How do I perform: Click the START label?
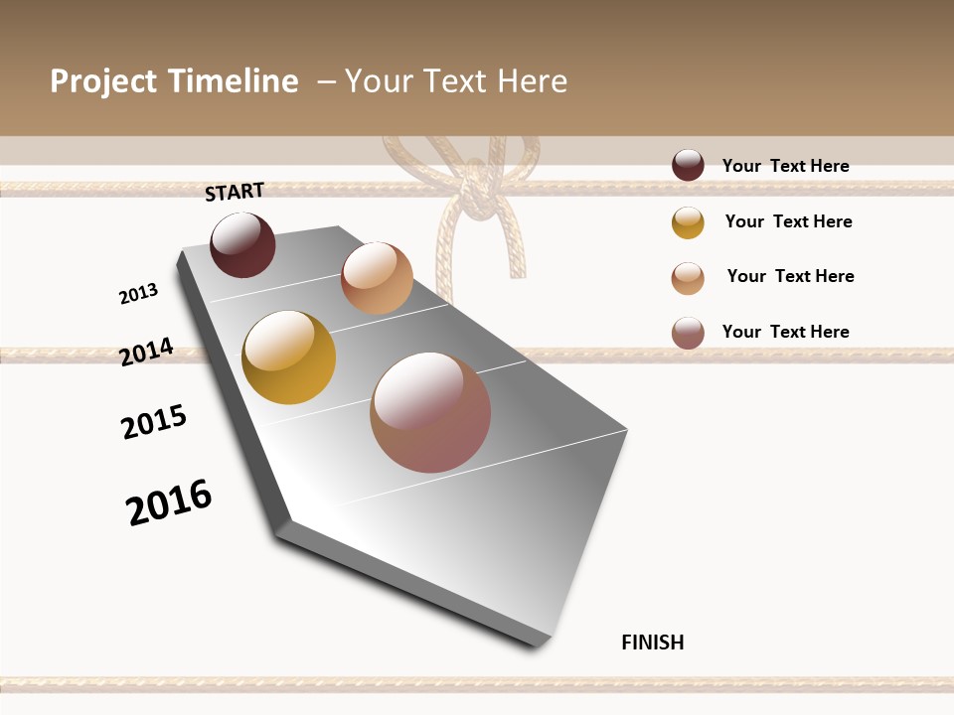click(235, 192)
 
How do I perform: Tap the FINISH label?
click(653, 643)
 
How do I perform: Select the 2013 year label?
click(138, 294)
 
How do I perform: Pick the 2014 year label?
click(146, 352)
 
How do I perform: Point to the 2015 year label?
click(154, 422)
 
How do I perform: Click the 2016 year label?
click(169, 502)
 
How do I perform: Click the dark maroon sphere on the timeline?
click(242, 245)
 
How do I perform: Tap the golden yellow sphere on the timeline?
click(288, 357)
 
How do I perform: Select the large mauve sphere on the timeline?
click(430, 412)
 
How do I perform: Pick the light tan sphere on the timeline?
click(377, 278)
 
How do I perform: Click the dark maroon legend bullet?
click(688, 166)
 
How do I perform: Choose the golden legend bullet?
click(688, 222)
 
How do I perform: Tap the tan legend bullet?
click(688, 278)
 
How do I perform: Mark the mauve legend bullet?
click(688, 333)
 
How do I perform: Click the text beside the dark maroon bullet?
click(786, 167)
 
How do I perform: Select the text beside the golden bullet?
click(789, 221)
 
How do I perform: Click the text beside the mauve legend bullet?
click(786, 332)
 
